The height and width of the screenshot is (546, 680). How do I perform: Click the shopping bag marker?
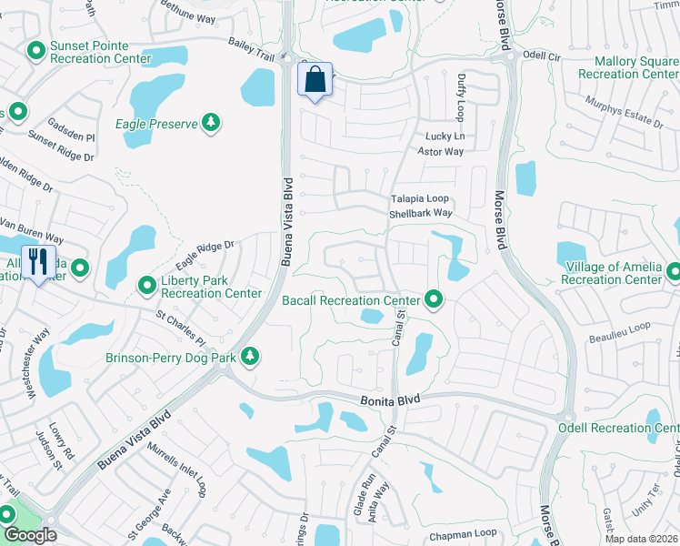(x=315, y=79)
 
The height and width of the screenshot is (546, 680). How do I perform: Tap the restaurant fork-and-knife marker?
(x=37, y=262)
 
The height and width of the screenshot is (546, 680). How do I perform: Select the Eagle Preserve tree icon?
(x=211, y=123)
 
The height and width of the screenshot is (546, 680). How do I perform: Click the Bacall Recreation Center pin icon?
(x=435, y=298)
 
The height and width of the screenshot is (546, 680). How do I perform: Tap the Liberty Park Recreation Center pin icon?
(x=146, y=287)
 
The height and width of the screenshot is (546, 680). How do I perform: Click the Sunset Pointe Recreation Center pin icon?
(x=36, y=51)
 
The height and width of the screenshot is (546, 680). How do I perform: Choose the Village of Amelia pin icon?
(x=673, y=271)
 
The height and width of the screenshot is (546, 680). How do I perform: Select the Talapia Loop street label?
(x=420, y=198)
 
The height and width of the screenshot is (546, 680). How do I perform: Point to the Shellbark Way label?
(x=421, y=213)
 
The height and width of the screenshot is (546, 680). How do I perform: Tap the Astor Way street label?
(x=441, y=151)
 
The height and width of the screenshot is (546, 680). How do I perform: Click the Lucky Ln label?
(x=445, y=136)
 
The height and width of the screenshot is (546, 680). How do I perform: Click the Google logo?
(x=30, y=536)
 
